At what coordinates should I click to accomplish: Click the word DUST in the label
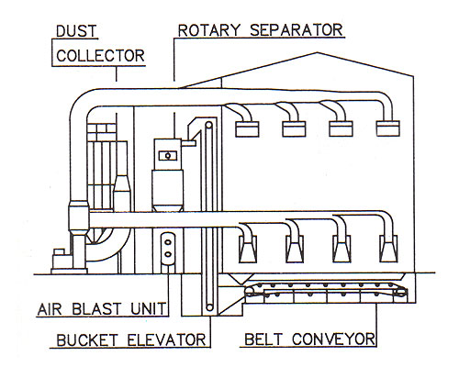point(76,31)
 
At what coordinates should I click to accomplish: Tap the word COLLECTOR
point(100,56)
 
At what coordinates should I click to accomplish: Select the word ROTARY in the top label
point(209,30)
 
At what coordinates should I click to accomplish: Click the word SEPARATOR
point(297,30)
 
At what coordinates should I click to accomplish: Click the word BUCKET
point(87,340)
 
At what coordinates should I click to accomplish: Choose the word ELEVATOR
point(167,339)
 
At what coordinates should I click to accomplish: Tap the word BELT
point(263,339)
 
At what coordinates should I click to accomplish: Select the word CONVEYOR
point(333,339)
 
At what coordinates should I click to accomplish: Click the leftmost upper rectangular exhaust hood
point(247,128)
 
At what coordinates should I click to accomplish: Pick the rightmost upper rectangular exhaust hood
point(388,128)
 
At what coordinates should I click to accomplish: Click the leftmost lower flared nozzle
point(248,249)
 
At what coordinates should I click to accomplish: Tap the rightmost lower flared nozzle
point(388,249)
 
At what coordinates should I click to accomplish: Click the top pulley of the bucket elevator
point(209,126)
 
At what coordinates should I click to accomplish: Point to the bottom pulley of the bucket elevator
point(209,306)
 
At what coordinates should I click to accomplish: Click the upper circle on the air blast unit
point(168,242)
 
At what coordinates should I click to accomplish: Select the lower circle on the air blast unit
point(168,254)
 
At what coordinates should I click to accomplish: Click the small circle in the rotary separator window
point(168,156)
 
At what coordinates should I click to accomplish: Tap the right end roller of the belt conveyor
point(400,293)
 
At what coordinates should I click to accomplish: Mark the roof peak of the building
point(317,52)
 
